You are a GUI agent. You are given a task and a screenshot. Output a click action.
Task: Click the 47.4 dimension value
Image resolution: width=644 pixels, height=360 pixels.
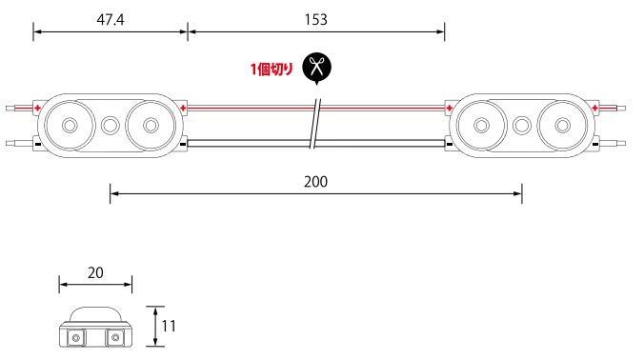111,20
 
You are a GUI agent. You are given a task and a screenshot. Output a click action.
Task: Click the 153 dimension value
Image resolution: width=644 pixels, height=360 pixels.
316,20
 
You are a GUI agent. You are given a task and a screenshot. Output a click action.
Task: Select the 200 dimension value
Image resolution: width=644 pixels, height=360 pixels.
316,182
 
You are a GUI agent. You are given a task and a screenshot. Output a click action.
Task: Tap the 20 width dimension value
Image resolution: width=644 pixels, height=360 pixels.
95,272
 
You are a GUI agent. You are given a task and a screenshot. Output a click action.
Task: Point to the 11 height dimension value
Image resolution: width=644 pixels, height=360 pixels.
169,326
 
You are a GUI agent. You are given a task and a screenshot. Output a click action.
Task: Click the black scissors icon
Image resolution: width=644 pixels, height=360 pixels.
316,68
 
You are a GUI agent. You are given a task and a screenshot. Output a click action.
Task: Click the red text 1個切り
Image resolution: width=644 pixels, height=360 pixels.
272,69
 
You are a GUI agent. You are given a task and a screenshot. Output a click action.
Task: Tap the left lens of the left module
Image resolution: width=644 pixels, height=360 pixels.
70,125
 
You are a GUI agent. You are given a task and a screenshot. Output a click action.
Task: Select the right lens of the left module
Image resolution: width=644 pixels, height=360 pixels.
151,125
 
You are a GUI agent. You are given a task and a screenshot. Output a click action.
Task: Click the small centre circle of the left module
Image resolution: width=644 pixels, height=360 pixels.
110,125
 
